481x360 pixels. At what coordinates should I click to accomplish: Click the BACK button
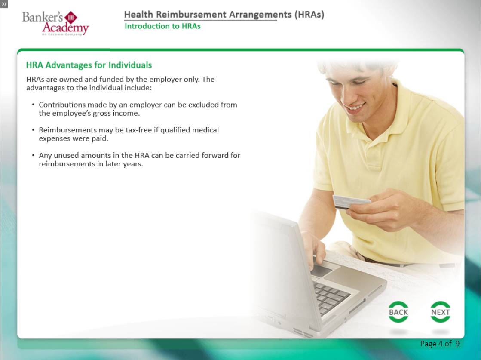point(398,312)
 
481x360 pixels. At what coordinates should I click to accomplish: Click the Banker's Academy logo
point(55,23)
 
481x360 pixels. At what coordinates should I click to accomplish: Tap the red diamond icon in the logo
point(71,18)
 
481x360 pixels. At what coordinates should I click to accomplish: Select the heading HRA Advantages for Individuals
point(89,65)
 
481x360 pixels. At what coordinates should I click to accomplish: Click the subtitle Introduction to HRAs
point(162,26)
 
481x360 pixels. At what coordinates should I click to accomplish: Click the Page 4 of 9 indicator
point(440,343)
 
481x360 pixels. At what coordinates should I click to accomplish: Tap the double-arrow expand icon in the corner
point(4,4)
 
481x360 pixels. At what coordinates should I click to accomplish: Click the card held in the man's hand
point(351,202)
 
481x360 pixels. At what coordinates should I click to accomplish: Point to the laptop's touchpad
point(321,271)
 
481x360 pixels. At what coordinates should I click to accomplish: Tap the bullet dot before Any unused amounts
point(33,155)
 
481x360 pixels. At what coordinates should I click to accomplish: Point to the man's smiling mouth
point(355,107)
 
